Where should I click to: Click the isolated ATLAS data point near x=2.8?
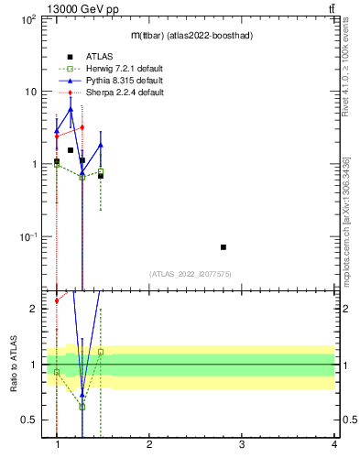click(224, 247)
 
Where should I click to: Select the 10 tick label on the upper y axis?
click(29, 92)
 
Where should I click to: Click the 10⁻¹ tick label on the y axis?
click(27, 236)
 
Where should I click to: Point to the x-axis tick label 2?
click(150, 445)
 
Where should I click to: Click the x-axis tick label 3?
click(242, 445)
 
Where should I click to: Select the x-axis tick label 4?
click(333, 445)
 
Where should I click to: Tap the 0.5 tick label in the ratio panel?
click(27, 420)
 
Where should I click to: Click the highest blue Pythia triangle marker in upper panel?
click(71, 109)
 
